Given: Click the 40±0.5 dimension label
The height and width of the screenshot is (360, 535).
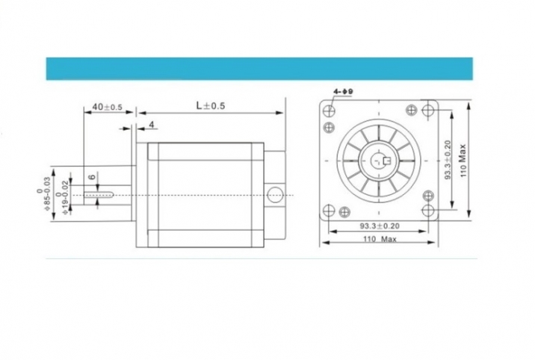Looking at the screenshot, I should (105, 107).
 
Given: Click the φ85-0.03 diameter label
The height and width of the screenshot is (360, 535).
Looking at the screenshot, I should (46, 196).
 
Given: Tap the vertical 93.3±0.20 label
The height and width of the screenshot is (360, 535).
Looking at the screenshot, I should (448, 161).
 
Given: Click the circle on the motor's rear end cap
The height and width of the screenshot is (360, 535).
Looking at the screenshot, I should (275, 196).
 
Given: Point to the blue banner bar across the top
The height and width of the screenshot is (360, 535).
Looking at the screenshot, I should (259, 68).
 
